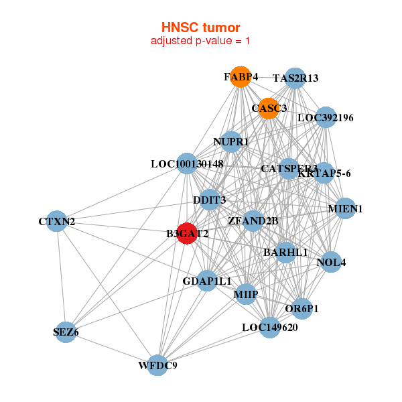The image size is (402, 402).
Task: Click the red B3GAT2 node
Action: pos(187,234)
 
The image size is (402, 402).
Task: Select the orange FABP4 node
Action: pos(241,77)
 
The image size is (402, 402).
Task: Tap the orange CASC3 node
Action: pos(269,108)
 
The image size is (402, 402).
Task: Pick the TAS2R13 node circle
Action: pos(295,78)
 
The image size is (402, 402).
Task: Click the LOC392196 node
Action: pos(326,118)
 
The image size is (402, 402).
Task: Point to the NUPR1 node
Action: pos(231,142)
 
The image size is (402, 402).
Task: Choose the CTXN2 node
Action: pos(56,221)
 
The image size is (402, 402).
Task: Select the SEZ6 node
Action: pos(66,332)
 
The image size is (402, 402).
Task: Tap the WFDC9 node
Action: pos(157,365)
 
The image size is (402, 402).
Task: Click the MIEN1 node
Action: pos(345,209)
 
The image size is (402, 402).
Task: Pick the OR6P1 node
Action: pos(301,309)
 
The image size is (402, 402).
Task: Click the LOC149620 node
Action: pos(269,328)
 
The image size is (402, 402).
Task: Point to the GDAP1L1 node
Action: pos(206,281)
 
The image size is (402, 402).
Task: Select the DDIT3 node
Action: pos(209,200)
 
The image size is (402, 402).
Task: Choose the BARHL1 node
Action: pos(285,253)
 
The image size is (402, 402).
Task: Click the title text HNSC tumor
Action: pos(200,27)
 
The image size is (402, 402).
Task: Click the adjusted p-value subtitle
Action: pos(200,41)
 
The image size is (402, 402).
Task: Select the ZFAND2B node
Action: pos(253,220)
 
